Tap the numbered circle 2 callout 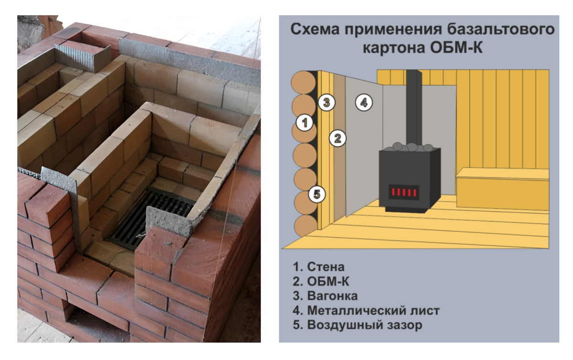(337, 139)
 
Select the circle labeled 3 (327, 102)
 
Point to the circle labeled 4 (364, 102)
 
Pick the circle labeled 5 (317, 194)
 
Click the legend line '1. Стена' (319, 266)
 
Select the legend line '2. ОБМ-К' (322, 281)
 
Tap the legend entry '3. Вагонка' (326, 296)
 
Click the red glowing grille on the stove (404, 192)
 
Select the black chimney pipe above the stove (414, 105)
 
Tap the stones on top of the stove (409, 147)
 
